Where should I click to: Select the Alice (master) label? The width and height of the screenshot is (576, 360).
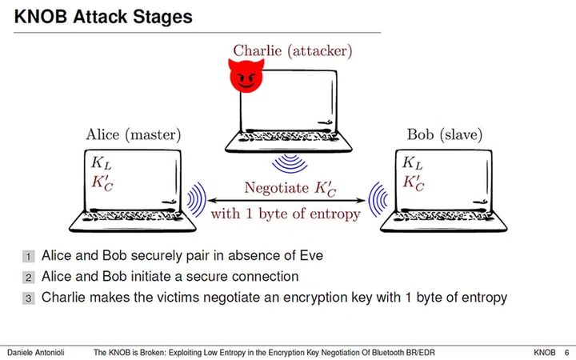(134, 134)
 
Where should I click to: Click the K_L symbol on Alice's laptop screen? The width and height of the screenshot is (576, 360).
(102, 163)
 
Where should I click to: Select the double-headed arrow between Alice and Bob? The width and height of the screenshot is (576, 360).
(285, 198)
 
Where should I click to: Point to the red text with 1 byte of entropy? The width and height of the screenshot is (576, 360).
(284, 214)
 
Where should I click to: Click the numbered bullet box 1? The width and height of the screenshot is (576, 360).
(29, 257)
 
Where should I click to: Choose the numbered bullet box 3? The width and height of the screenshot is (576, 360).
(29, 298)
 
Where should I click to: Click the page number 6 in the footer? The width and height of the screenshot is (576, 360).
(566, 351)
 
